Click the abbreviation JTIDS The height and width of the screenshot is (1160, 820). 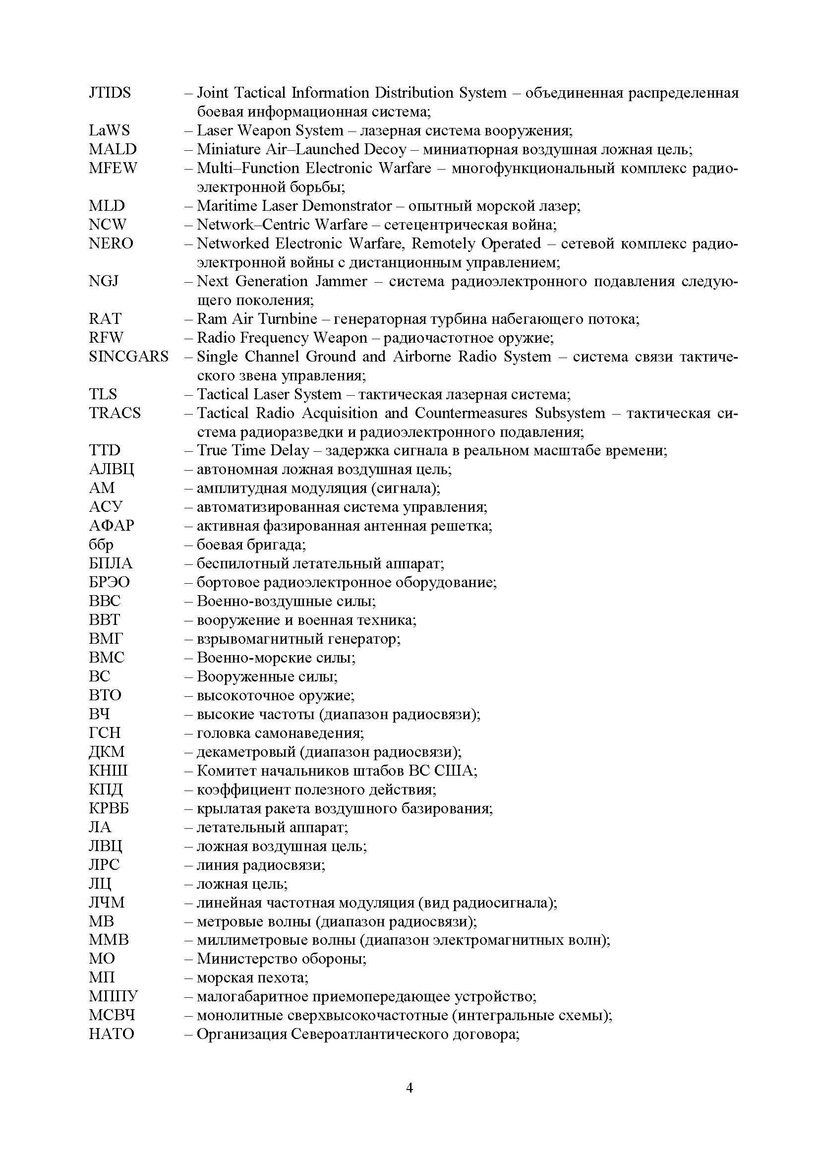[110, 93]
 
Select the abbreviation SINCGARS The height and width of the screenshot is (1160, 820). [128, 357]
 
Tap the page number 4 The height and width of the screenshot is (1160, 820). [410, 1088]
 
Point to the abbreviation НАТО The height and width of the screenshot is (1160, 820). [112, 1034]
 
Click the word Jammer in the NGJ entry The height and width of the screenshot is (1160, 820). [341, 281]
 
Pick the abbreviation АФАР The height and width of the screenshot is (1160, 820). [112, 526]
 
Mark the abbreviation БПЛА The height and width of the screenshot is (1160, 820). [111, 563]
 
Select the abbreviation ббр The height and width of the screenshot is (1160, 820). [101, 545]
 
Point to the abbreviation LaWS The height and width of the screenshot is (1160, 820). [109, 131]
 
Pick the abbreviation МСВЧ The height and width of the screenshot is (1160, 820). [112, 1016]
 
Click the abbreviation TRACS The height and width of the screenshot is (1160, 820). [115, 413]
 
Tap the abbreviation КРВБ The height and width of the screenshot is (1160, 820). [109, 808]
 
